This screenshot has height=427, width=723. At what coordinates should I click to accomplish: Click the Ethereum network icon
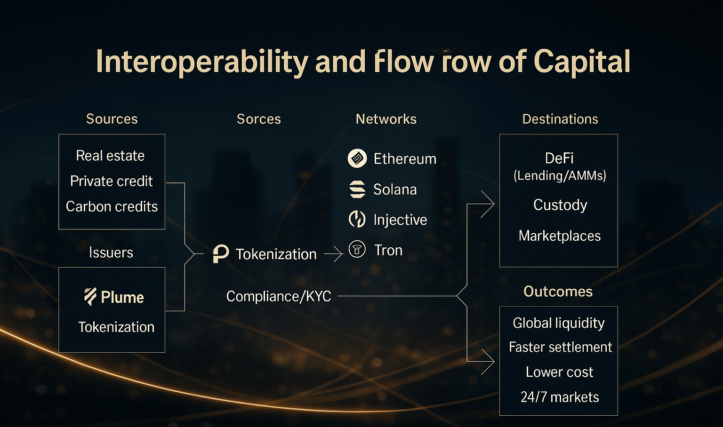point(357,158)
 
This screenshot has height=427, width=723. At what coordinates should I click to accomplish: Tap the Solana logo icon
point(357,189)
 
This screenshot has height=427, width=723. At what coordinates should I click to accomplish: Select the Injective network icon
point(357,219)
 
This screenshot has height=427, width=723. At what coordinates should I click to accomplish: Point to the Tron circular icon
point(357,249)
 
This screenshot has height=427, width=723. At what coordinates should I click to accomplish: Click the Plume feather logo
point(90,297)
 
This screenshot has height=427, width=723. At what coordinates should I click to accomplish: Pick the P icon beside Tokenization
point(221,254)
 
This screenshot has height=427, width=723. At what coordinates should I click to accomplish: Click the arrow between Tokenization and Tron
point(334,254)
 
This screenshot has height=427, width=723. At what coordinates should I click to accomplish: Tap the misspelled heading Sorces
point(258,119)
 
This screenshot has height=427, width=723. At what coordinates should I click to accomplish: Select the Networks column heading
point(386,119)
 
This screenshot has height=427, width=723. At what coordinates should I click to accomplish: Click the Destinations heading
point(560,119)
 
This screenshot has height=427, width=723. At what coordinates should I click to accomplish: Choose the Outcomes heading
point(558,292)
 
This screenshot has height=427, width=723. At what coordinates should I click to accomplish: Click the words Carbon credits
point(112,206)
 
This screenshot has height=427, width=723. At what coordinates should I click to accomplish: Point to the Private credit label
point(111,181)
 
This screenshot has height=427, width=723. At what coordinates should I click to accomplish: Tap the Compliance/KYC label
point(279,296)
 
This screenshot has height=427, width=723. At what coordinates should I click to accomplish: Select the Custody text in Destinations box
point(560,205)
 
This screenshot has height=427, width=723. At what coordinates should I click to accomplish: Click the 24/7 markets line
point(560,397)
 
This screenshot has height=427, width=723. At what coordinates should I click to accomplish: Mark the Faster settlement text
point(560,347)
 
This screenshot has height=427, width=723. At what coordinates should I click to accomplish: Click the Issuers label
point(111,253)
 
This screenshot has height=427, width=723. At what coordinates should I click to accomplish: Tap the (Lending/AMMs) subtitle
point(560,176)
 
